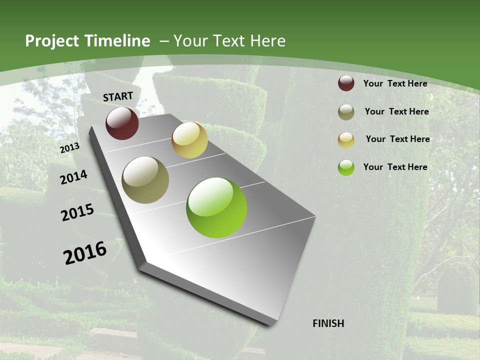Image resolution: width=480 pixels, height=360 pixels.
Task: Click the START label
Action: coord(118,96)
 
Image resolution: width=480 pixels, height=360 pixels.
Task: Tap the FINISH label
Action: coord(328,323)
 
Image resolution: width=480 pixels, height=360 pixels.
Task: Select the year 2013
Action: coord(69,147)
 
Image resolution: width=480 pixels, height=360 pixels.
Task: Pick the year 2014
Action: coord(73,177)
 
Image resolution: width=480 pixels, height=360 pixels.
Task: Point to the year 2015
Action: coord(77,212)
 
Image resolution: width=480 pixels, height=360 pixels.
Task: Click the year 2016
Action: coord(85,252)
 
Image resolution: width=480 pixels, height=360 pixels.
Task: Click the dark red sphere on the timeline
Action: coord(122,123)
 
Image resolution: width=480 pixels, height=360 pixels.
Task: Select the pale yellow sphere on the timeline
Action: coord(189,140)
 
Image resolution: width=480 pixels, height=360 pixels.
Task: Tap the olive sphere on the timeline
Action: coord(145,180)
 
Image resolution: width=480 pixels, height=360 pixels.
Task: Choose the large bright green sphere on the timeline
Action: coord(216,207)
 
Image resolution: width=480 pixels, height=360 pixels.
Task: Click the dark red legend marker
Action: coord(346,83)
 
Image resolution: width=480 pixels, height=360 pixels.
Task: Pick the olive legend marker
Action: coord(346,112)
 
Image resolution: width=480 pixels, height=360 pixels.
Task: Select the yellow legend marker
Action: coord(346,140)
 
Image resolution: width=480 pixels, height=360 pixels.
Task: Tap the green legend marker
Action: coord(346,167)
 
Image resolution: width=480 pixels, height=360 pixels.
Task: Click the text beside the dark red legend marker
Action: coord(395,83)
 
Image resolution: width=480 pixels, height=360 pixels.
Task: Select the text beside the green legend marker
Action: coord(395,167)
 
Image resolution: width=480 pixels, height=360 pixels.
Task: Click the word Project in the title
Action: coord(51,41)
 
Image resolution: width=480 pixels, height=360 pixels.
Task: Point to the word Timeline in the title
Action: coord(118,41)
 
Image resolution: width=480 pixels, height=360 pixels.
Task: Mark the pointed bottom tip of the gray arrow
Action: coord(272,324)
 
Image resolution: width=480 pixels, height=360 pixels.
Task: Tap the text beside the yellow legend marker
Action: coord(397,139)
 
